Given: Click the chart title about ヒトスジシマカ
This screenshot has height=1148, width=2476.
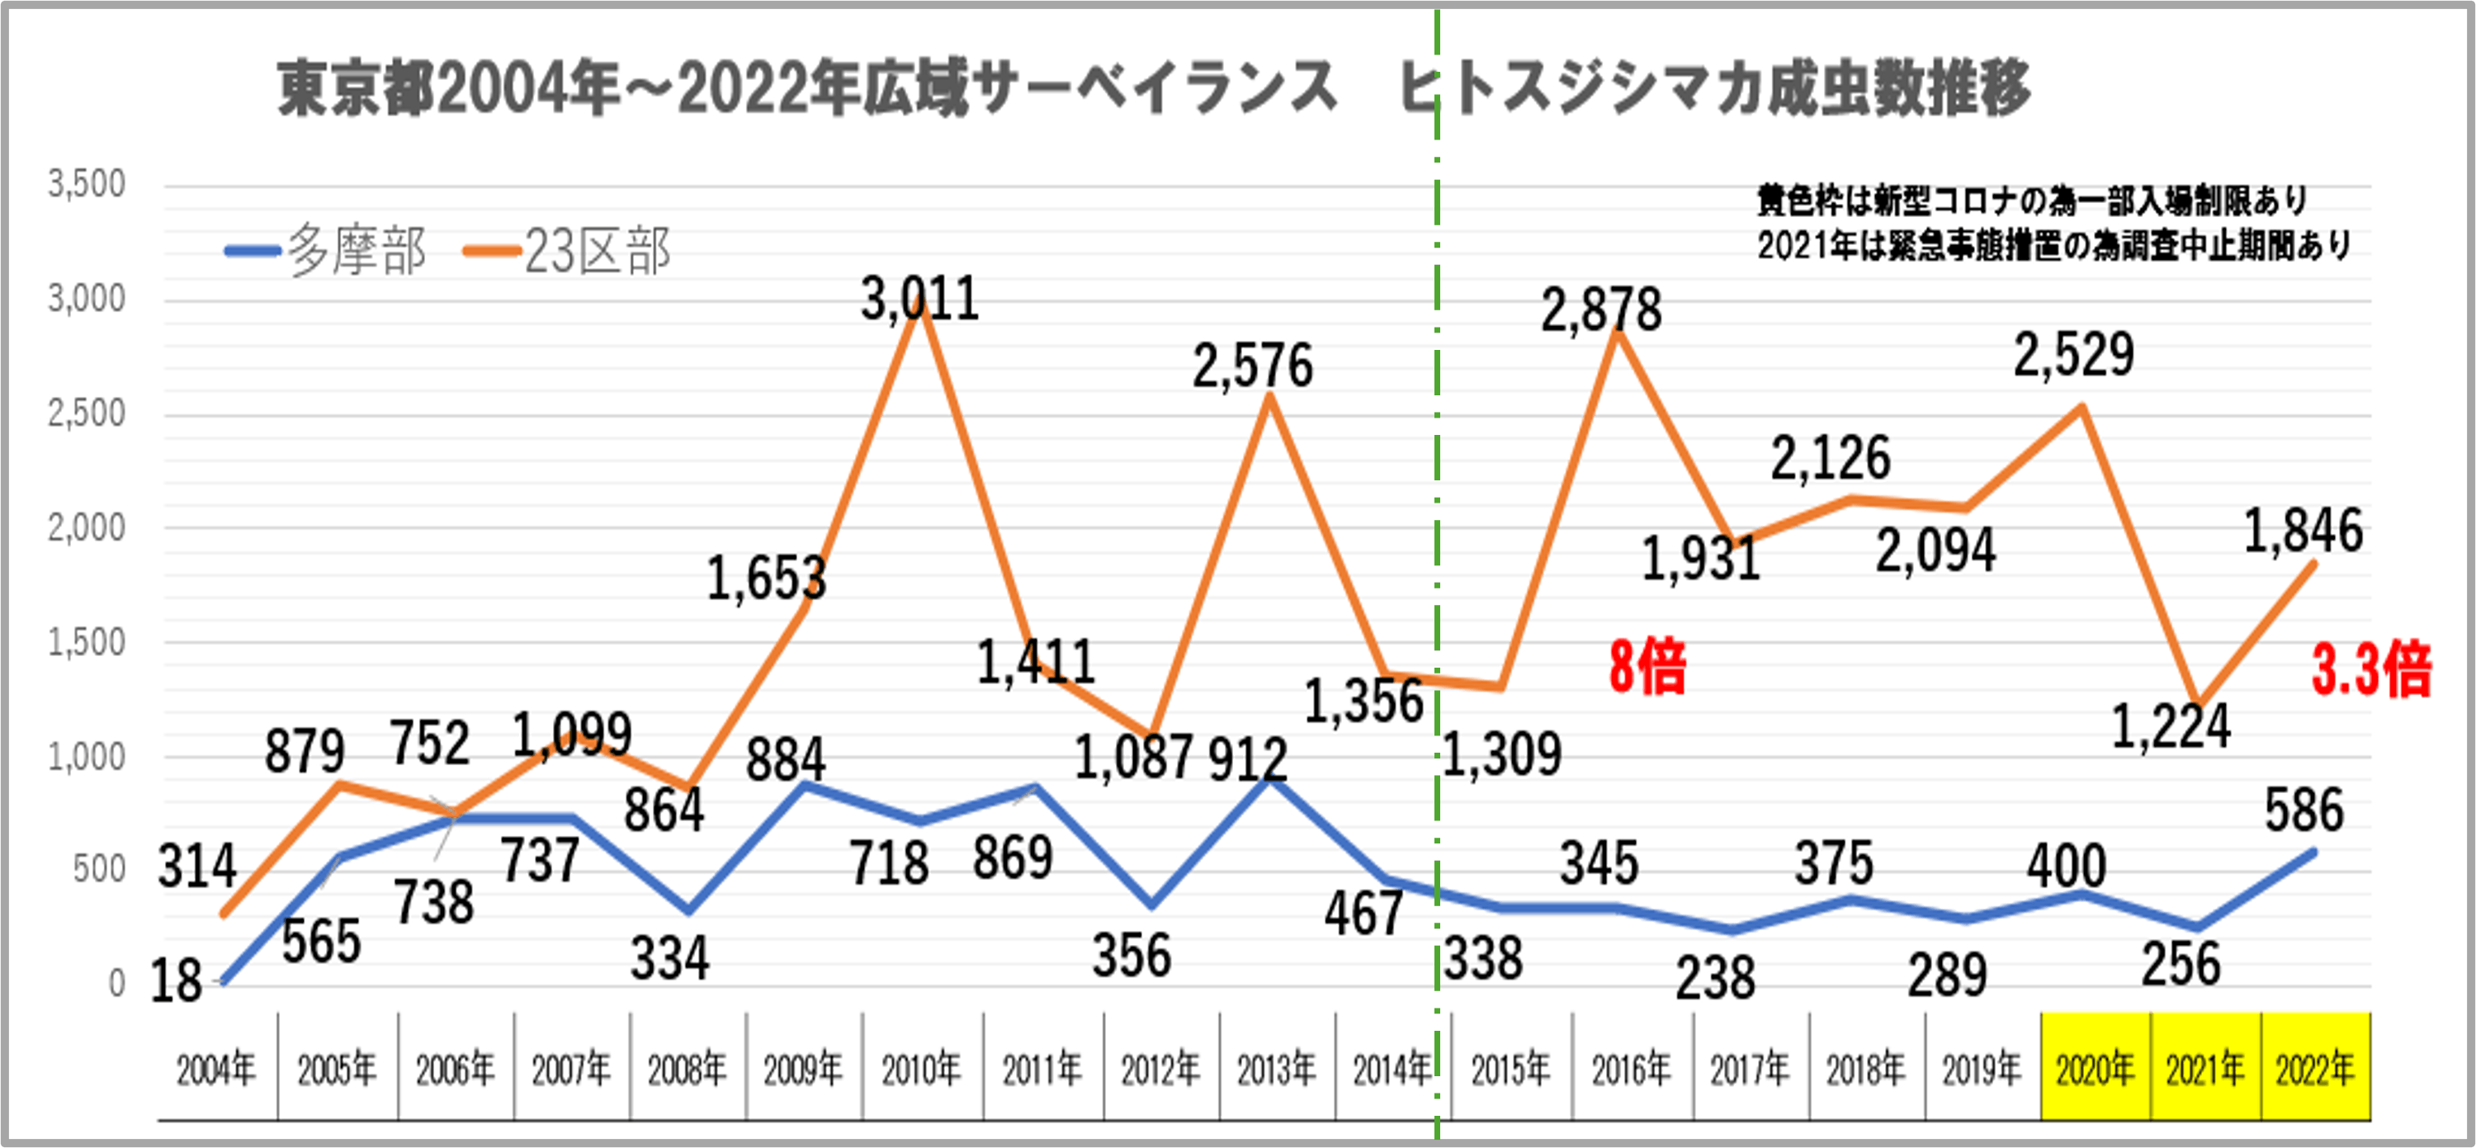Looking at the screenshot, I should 1154,88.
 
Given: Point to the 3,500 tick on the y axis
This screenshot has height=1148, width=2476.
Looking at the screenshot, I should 87,184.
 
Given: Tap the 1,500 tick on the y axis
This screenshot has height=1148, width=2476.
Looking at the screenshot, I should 87,642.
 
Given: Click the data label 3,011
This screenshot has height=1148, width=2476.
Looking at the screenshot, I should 920,299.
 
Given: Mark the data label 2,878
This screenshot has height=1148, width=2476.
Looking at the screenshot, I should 1601,310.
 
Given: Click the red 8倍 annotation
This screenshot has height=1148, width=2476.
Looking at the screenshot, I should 1647,666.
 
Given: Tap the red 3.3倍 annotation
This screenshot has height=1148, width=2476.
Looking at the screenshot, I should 2371,670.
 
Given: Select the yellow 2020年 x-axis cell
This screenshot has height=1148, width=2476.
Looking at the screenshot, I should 2096,1068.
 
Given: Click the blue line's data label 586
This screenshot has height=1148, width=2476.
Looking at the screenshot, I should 2304,810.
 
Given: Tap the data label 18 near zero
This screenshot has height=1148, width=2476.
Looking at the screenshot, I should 176,981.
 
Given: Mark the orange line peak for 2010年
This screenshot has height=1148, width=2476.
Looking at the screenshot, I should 921,305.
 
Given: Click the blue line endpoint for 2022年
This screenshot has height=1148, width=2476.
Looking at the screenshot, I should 2313,852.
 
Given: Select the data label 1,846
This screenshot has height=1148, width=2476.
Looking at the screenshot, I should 2303,531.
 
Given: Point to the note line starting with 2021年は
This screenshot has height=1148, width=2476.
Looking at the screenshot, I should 2053,246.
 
